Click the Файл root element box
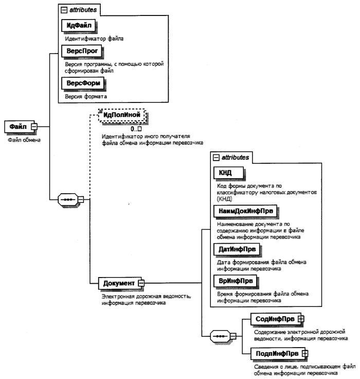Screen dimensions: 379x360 [17, 127]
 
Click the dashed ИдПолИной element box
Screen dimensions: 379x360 [122, 115]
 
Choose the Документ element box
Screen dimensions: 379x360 [119, 283]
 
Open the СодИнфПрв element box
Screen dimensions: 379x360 [274, 320]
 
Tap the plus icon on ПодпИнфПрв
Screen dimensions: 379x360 [304, 354]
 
